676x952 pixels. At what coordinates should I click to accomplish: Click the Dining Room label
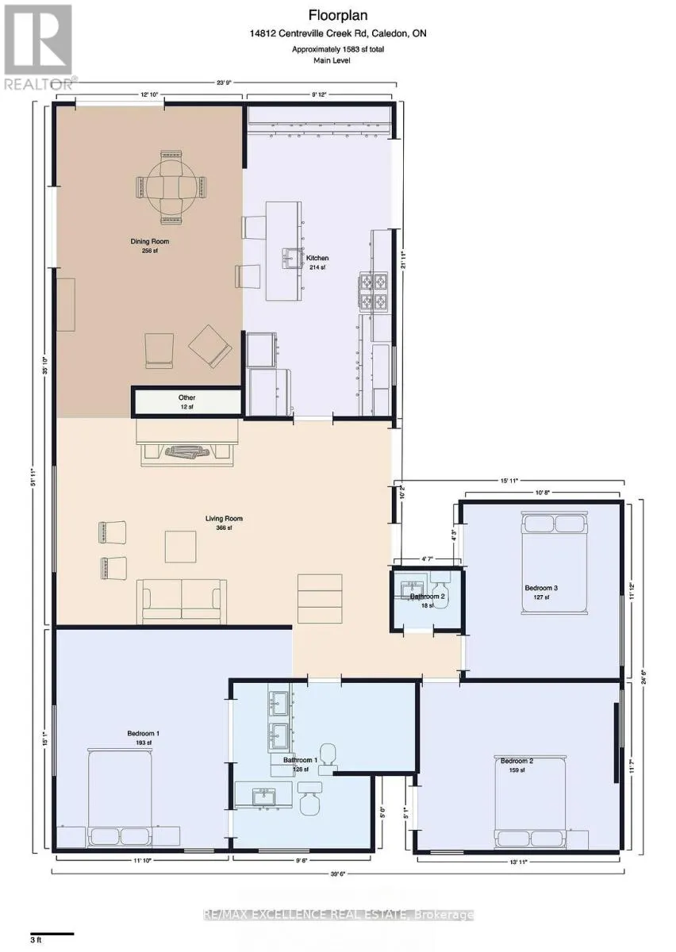150,242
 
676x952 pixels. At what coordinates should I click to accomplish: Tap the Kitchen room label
317,258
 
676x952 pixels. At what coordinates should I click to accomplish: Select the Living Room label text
224,519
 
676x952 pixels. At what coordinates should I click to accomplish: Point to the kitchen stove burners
374,291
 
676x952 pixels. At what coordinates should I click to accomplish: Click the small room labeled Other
186,401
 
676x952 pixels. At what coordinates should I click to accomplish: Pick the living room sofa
181,601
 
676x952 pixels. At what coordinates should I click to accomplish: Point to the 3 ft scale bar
52,934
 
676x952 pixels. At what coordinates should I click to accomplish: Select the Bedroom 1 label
144,733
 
